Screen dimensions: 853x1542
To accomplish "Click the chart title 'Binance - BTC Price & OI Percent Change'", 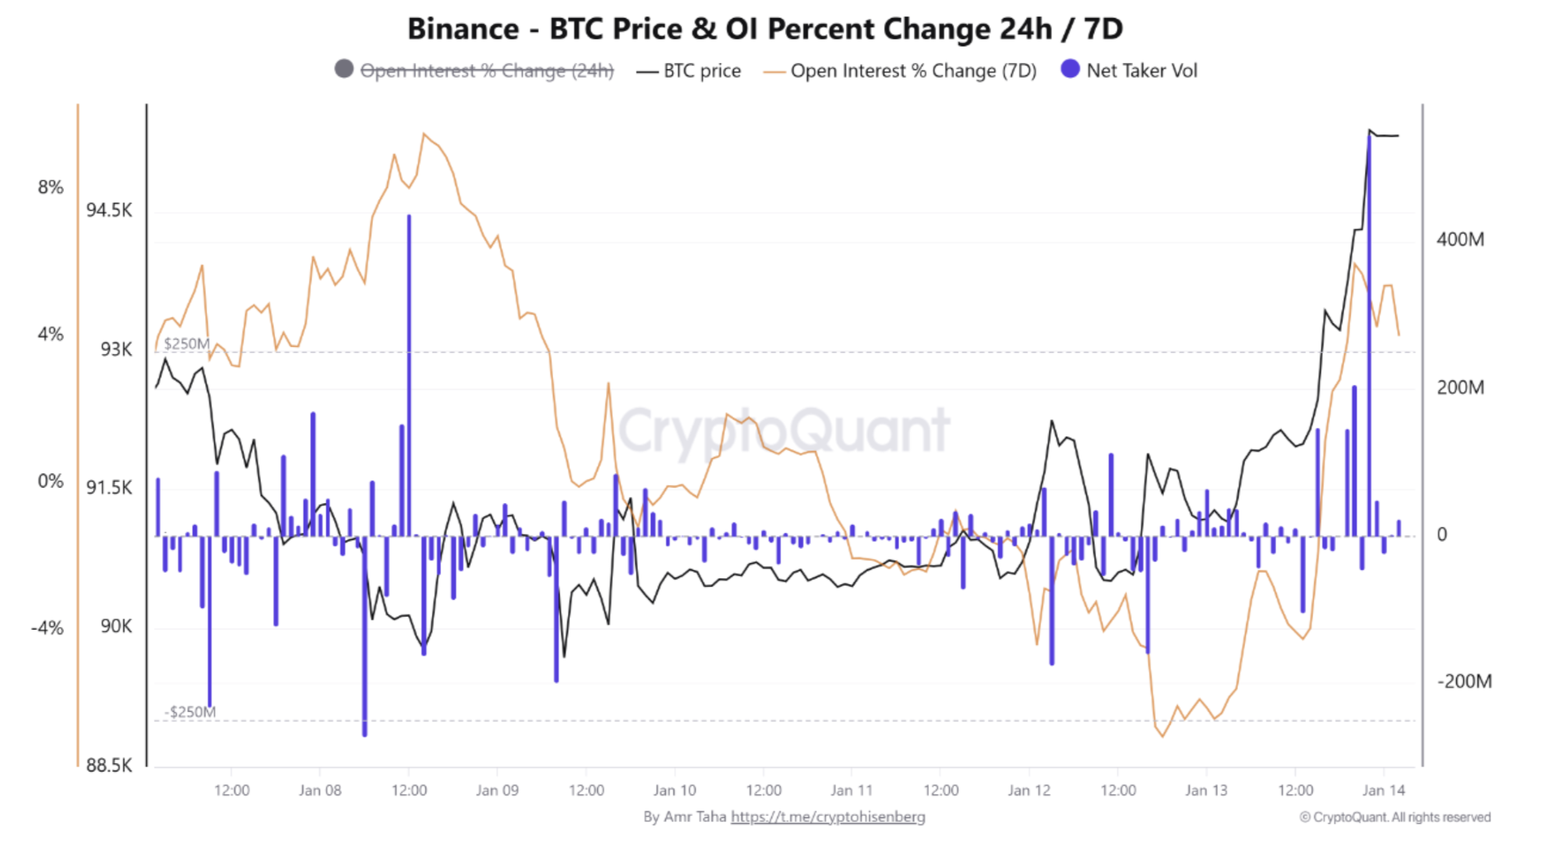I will [765, 29].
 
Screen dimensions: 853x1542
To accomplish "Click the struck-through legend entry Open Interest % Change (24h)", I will [486, 71].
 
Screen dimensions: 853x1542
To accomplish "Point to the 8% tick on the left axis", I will [51, 188].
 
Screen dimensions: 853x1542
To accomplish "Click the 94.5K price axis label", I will [109, 211].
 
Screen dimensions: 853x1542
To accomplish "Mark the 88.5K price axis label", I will [109, 765].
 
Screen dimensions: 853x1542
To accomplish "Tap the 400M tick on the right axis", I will [1460, 240].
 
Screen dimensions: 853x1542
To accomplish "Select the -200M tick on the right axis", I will [1464, 682].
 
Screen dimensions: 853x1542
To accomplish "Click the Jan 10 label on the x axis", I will [674, 791].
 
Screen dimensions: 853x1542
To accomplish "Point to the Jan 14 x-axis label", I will [1383, 791].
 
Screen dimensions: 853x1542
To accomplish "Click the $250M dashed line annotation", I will [187, 344].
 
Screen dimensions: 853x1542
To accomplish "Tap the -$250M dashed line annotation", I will [190, 712].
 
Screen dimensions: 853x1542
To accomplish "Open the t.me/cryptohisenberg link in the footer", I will [828, 817].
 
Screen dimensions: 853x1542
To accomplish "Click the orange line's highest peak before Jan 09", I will [424, 134].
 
